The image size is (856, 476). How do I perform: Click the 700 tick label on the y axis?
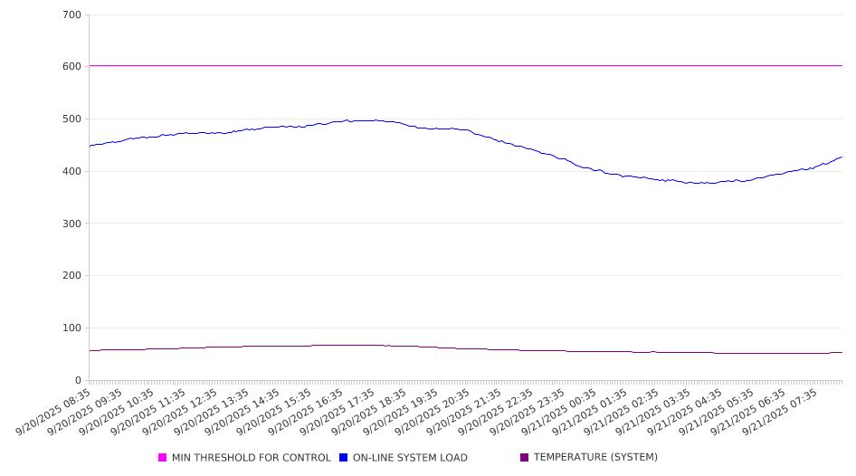[71, 14]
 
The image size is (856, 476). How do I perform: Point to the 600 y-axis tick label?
[71, 67]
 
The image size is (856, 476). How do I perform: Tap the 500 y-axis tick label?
[71, 119]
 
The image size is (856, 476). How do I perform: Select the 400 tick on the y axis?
[71, 171]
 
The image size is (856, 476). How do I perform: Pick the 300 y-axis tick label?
[71, 224]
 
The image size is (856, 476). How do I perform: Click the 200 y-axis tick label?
[71, 276]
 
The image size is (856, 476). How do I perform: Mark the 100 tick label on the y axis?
[71, 328]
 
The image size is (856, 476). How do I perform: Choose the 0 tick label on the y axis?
[78, 380]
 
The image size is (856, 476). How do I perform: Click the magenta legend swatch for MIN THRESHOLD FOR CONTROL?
[163, 458]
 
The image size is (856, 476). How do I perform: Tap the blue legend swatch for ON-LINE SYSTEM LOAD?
[344, 458]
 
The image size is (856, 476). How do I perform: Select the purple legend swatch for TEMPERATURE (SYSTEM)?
[525, 458]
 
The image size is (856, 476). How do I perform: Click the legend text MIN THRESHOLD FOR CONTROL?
[251, 458]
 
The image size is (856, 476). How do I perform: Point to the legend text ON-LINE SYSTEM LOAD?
[410, 458]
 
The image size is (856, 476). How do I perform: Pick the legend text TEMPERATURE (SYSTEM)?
[595, 458]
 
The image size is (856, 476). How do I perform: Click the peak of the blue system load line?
[347, 119]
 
